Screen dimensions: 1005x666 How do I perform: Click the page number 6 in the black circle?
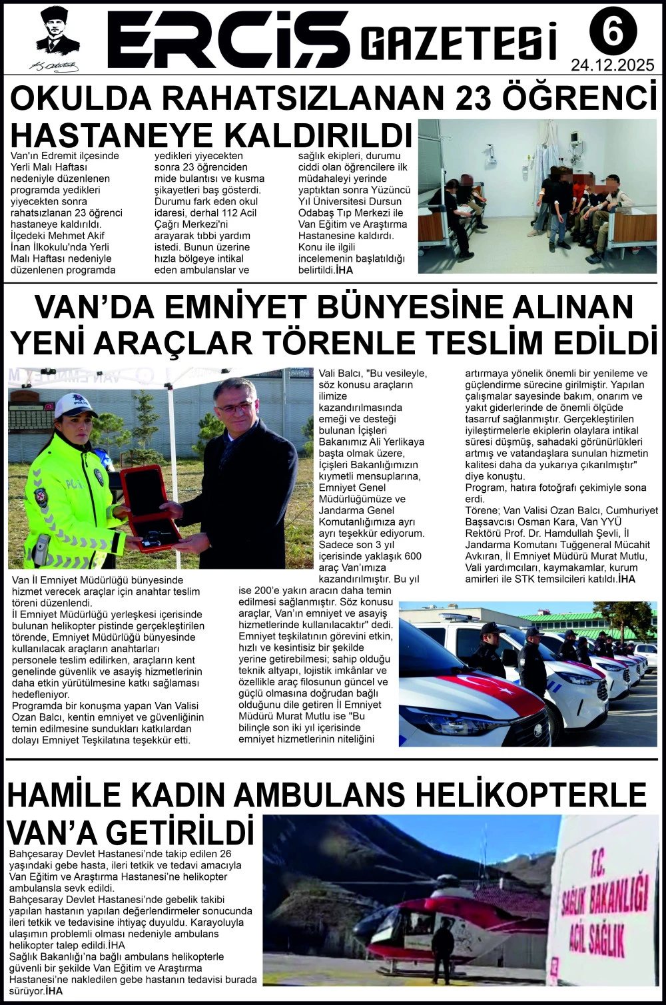tap(613, 31)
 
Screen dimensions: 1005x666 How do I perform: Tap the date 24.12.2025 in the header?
tap(612, 65)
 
